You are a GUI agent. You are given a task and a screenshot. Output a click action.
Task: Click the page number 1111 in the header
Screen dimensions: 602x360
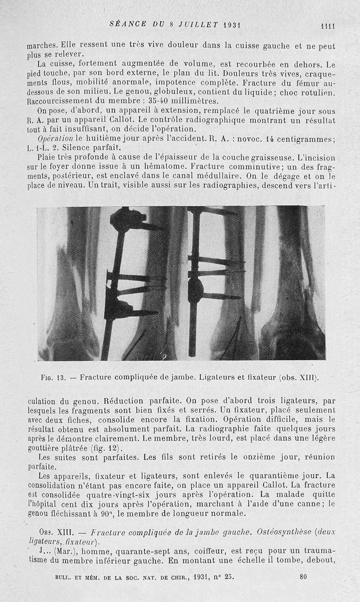[327, 26]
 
